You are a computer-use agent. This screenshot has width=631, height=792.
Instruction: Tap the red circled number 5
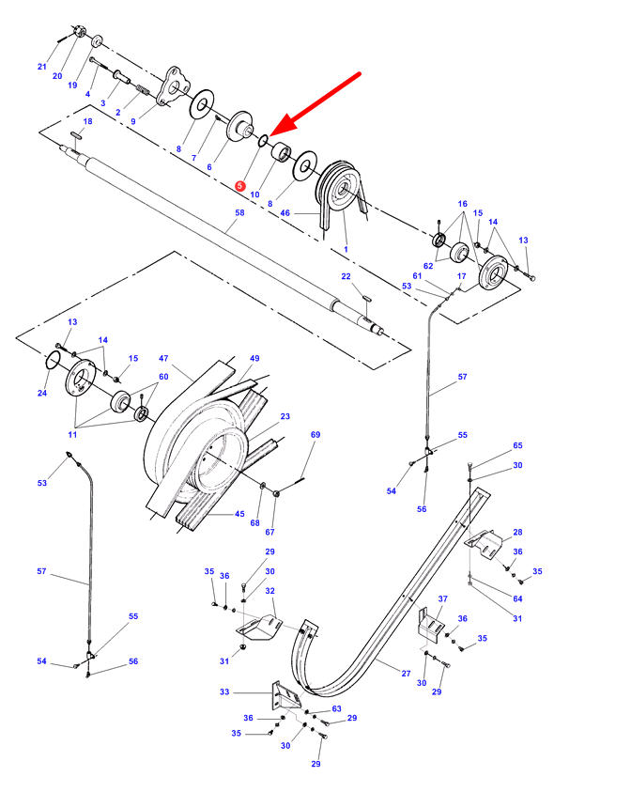[x=240, y=187]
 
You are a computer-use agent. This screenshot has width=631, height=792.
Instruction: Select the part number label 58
[x=239, y=214]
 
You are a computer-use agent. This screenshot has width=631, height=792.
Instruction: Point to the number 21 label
[x=41, y=66]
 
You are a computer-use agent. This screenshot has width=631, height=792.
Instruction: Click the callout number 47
[x=162, y=359]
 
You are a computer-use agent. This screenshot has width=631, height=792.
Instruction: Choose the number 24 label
[x=41, y=393]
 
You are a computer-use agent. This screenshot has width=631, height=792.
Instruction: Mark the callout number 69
[x=315, y=435]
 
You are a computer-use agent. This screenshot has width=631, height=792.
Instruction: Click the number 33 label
[x=224, y=692]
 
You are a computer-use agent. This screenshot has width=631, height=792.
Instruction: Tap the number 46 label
[x=285, y=214]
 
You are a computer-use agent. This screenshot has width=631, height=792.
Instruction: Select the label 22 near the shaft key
[x=346, y=276]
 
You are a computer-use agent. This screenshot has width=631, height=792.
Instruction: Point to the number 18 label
[x=88, y=122]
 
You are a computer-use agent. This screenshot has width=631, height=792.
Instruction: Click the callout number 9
[x=133, y=121]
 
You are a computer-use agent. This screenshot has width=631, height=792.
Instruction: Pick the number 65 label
[x=517, y=445]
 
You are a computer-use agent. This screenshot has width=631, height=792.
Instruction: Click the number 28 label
[x=517, y=532]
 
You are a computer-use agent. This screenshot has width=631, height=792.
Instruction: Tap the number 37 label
[x=443, y=599]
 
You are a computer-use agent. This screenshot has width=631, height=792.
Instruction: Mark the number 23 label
[x=285, y=416]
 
